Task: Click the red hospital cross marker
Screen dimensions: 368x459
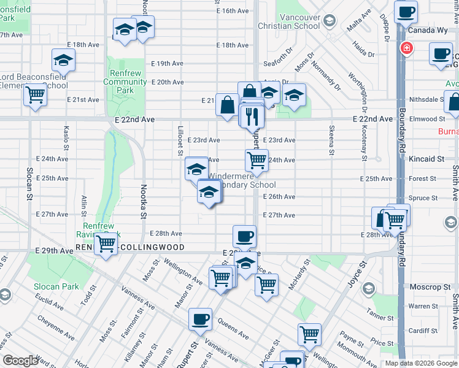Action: click(x=406, y=48)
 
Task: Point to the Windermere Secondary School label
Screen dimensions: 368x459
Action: click(x=242, y=180)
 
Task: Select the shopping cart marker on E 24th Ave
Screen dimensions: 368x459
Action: click(x=256, y=161)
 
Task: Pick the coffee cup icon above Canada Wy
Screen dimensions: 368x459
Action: click(x=406, y=12)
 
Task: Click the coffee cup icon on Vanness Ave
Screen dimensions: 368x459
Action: click(x=200, y=319)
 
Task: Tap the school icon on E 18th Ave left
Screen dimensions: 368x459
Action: click(x=63, y=60)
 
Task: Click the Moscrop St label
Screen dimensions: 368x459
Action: click(x=430, y=287)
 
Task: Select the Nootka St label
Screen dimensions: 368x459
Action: click(x=143, y=201)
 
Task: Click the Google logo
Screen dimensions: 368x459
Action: click(x=21, y=361)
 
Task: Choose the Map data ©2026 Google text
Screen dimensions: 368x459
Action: click(x=421, y=363)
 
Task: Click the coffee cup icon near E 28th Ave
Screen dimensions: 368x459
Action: click(x=244, y=236)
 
